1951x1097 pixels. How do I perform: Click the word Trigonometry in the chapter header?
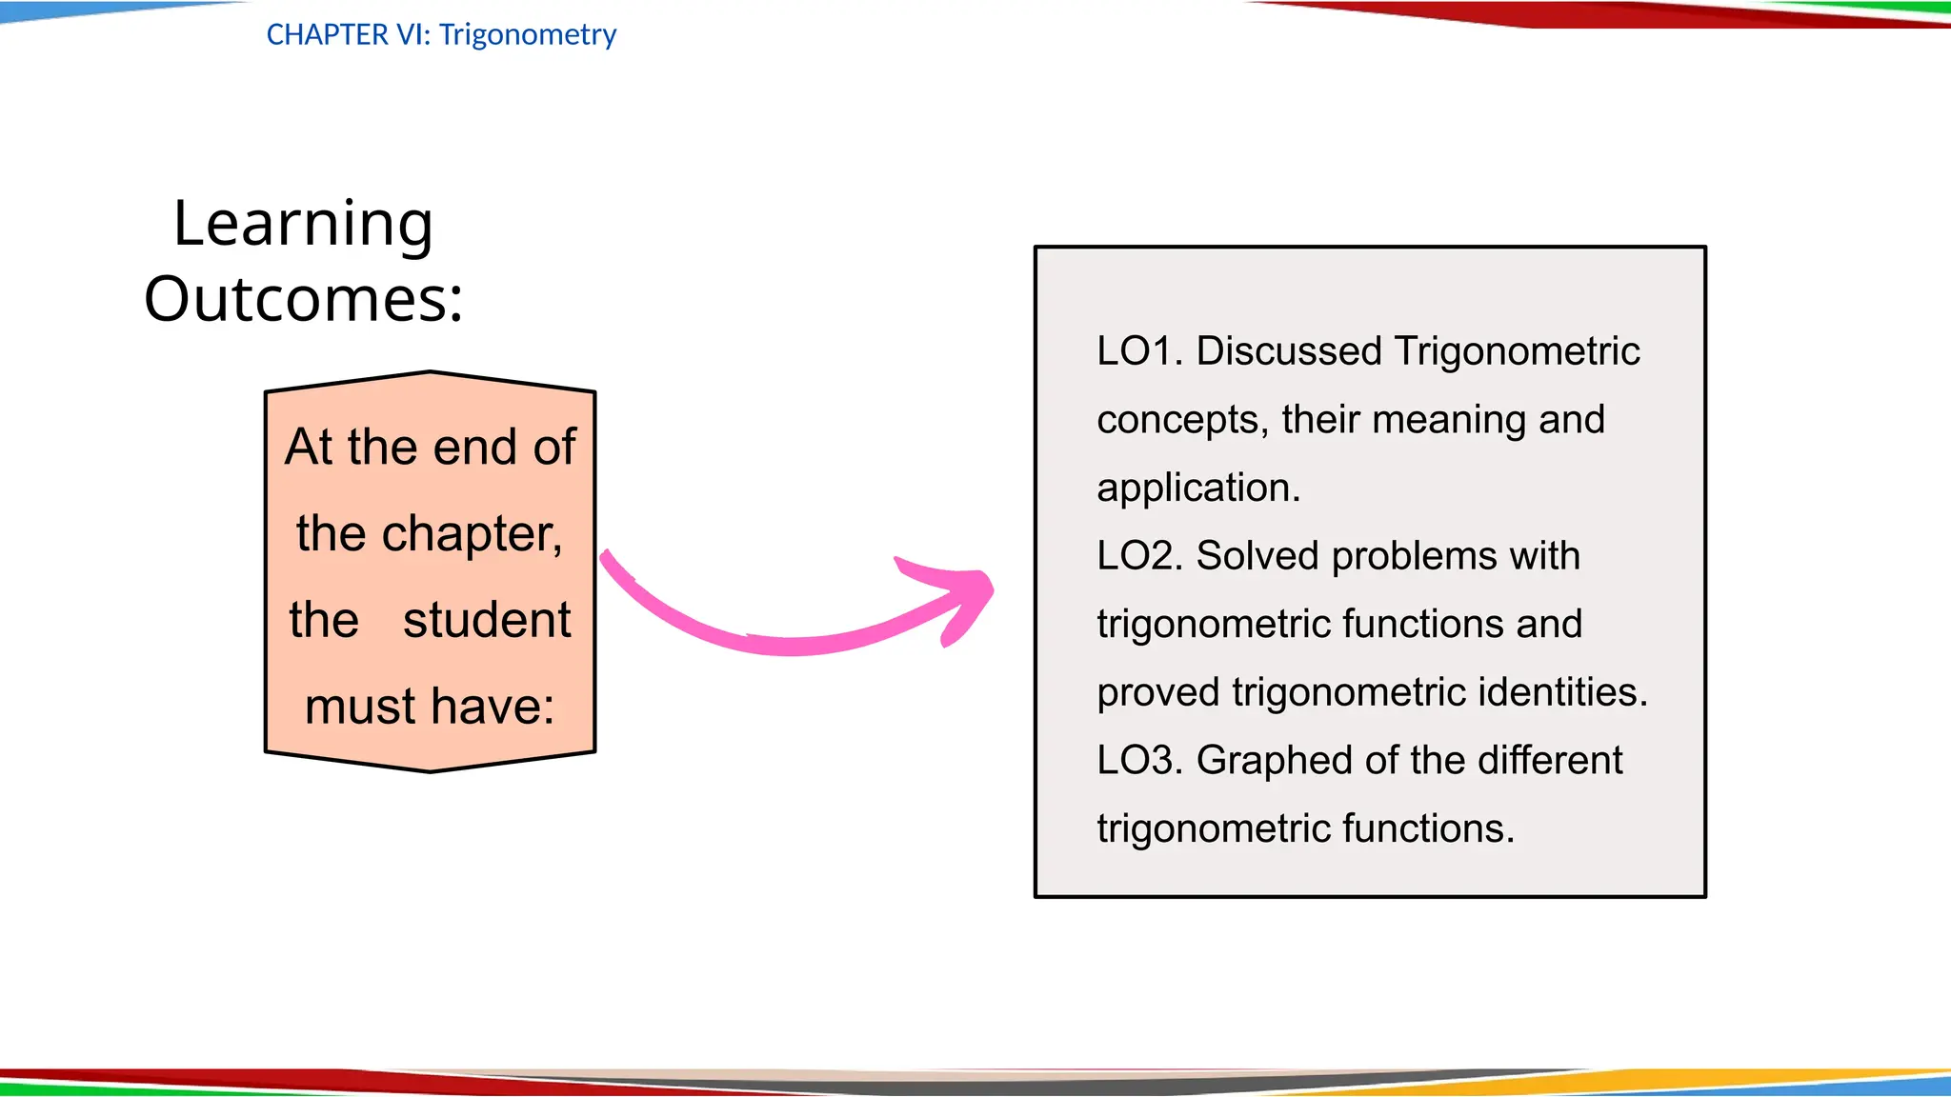(528, 35)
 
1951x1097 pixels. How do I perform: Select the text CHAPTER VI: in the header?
(349, 35)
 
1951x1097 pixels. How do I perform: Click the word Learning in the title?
(303, 225)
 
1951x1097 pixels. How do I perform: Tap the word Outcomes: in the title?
(303, 299)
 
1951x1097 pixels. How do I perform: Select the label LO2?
(1138, 556)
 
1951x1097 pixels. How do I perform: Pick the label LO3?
(1138, 761)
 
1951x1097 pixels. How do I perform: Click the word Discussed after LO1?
(1288, 351)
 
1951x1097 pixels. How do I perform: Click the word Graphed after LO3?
(1274, 761)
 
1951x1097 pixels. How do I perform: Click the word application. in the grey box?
(1197, 489)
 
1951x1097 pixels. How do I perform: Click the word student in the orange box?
(486, 620)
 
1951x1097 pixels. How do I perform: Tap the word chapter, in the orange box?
(473, 533)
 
